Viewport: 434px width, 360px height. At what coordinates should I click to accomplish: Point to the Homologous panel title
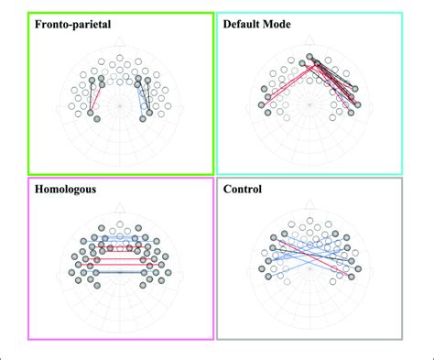[x=70, y=190]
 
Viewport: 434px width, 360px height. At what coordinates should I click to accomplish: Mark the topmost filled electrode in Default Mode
[x=309, y=59]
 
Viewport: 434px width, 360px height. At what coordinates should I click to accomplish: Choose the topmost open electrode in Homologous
[x=120, y=224]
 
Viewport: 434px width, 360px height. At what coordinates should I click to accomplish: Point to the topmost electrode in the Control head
[x=309, y=223]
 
